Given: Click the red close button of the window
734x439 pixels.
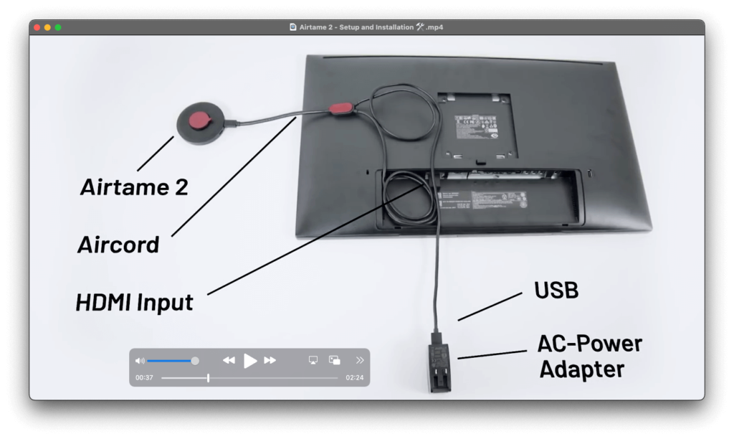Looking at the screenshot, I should click(x=37, y=27).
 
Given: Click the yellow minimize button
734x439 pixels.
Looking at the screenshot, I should click(x=47, y=27).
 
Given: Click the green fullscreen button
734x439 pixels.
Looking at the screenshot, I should click(x=58, y=27).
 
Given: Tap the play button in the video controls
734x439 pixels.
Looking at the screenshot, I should click(x=249, y=360).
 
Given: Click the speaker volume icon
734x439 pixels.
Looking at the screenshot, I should click(x=140, y=360).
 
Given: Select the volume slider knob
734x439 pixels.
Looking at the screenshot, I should click(x=195, y=360).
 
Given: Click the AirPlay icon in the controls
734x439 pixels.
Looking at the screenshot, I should click(x=313, y=360).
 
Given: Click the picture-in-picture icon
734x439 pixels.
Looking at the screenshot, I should click(x=335, y=360).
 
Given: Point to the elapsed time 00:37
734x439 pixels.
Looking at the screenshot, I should click(x=144, y=377).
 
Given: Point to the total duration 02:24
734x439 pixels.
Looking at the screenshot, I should click(x=355, y=377).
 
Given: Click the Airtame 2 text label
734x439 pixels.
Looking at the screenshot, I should click(x=134, y=187).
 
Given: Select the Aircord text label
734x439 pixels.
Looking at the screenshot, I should click(x=118, y=245).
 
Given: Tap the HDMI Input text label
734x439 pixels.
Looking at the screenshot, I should click(x=135, y=302).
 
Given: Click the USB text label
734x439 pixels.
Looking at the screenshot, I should click(x=556, y=291).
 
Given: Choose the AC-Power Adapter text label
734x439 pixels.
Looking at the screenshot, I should click(x=589, y=357).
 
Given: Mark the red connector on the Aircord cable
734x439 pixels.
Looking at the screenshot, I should click(x=340, y=108).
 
